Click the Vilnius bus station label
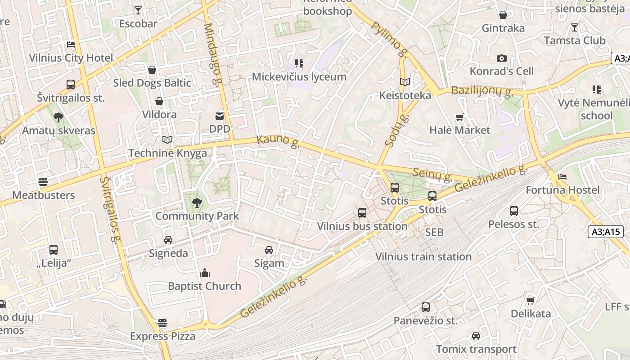point(362,226)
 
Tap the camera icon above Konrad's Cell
point(502,58)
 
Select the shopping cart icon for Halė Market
point(459,117)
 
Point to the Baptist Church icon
point(205,273)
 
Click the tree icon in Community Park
point(197,203)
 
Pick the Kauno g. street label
point(278,141)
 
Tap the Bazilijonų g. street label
point(482,91)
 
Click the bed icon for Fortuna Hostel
point(562,177)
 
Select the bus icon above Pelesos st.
point(514,211)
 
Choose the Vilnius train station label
point(423,256)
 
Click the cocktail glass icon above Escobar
point(138,10)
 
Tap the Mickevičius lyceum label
point(299,76)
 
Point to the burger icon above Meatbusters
point(43,182)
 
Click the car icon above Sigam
point(269,250)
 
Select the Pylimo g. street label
point(389,40)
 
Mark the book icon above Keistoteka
point(405,82)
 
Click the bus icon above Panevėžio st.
point(426,307)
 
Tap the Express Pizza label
point(163,336)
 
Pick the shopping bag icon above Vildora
point(159,101)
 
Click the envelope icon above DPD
point(220,116)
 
